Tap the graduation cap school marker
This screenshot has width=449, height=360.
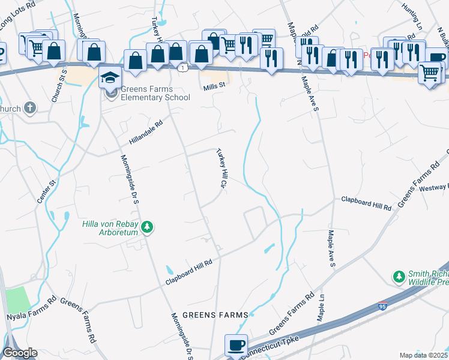111,78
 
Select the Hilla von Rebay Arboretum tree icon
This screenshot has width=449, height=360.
146,227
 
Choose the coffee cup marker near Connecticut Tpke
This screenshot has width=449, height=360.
236,346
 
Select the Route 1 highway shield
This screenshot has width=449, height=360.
181,68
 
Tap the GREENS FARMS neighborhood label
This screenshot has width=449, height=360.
215,315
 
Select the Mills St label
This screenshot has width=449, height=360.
212,85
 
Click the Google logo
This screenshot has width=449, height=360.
19,353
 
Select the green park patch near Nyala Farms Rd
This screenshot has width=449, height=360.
16,299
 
